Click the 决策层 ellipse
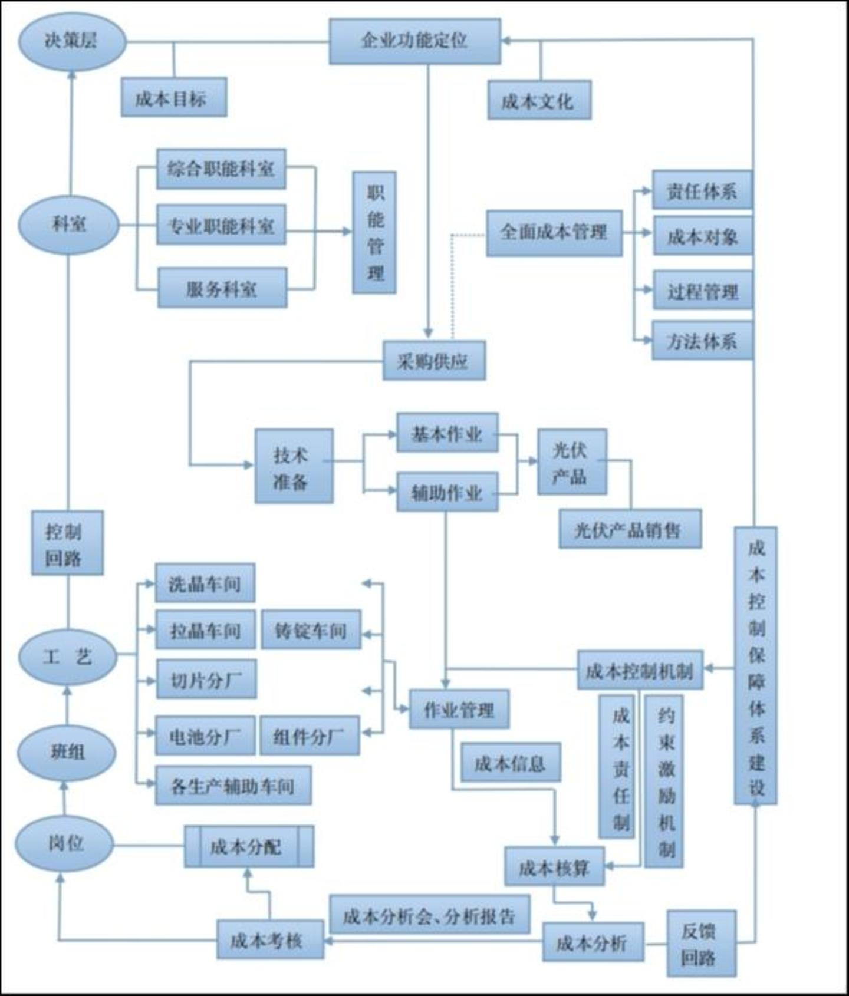click(x=72, y=41)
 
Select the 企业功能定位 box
click(x=414, y=41)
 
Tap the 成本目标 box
click(x=173, y=97)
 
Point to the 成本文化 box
click(x=539, y=101)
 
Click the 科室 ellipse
click(x=69, y=225)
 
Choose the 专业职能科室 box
click(x=221, y=225)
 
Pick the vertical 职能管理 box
click(x=374, y=233)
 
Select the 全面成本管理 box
click(x=554, y=233)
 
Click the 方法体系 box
click(x=702, y=341)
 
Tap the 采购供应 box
click(x=434, y=361)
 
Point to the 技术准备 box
click(x=294, y=466)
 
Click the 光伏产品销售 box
click(x=630, y=529)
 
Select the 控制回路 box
click(x=67, y=543)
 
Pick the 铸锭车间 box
click(x=311, y=630)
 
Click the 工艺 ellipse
click(x=68, y=656)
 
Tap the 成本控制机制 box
click(x=640, y=670)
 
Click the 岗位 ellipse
click(x=65, y=843)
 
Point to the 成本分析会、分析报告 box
click(x=429, y=915)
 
